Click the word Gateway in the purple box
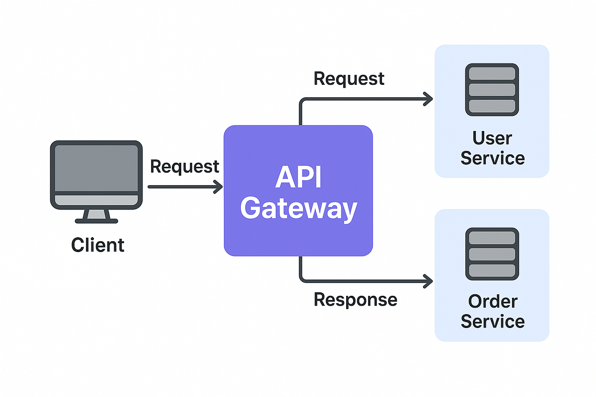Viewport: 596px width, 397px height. [x=298, y=209]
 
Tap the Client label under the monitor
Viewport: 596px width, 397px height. [x=98, y=245]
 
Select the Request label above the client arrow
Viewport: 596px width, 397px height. [x=184, y=167]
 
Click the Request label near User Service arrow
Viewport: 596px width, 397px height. [x=349, y=78]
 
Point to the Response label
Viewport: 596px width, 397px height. [x=356, y=299]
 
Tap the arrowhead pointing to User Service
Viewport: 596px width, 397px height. [x=428, y=99]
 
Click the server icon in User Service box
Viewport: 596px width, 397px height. [x=492, y=90]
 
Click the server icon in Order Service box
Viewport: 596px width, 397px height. [x=492, y=254]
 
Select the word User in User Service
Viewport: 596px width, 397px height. [x=492, y=138]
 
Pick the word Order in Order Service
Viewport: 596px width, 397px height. [x=492, y=301]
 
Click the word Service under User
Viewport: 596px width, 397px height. [x=492, y=158]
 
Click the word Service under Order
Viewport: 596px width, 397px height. [x=492, y=322]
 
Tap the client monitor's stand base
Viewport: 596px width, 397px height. [x=94, y=220]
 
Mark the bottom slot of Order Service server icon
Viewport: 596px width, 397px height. [x=492, y=270]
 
